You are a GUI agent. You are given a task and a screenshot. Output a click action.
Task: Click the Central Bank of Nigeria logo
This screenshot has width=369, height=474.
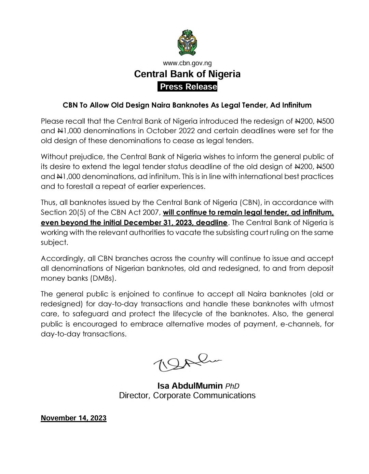coord(187,43)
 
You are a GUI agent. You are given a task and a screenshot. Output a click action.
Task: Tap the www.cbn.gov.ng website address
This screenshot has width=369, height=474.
coord(187,63)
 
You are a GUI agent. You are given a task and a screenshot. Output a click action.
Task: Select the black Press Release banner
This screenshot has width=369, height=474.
coord(188,87)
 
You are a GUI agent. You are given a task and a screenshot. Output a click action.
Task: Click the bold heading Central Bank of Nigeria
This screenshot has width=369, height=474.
coord(187,74)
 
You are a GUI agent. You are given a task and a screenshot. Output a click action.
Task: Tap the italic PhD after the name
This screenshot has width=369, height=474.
coord(232,386)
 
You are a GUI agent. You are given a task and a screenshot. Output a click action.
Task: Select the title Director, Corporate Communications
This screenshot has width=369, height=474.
coord(187,395)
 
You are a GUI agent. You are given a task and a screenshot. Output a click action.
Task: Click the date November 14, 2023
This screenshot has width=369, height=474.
coord(73,418)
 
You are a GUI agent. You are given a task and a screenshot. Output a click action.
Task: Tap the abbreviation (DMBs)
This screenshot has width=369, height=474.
coord(103,278)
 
